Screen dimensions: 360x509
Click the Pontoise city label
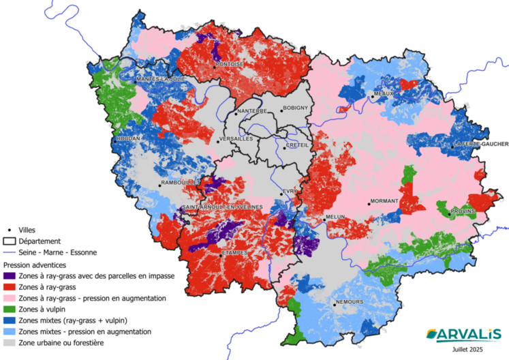(230, 65)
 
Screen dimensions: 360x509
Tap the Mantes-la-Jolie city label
(161, 79)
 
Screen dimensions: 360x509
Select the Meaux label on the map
(384, 94)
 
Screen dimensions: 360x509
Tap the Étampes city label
(234, 254)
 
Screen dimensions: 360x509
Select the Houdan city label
(128, 138)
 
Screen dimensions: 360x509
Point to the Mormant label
(383, 202)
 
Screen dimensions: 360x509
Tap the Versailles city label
(235, 139)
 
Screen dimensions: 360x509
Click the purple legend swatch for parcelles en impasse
(10, 276)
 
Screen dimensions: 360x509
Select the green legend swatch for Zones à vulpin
(10, 310)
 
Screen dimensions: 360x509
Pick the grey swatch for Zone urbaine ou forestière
(10, 342)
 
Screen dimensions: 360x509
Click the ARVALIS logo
(463, 333)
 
